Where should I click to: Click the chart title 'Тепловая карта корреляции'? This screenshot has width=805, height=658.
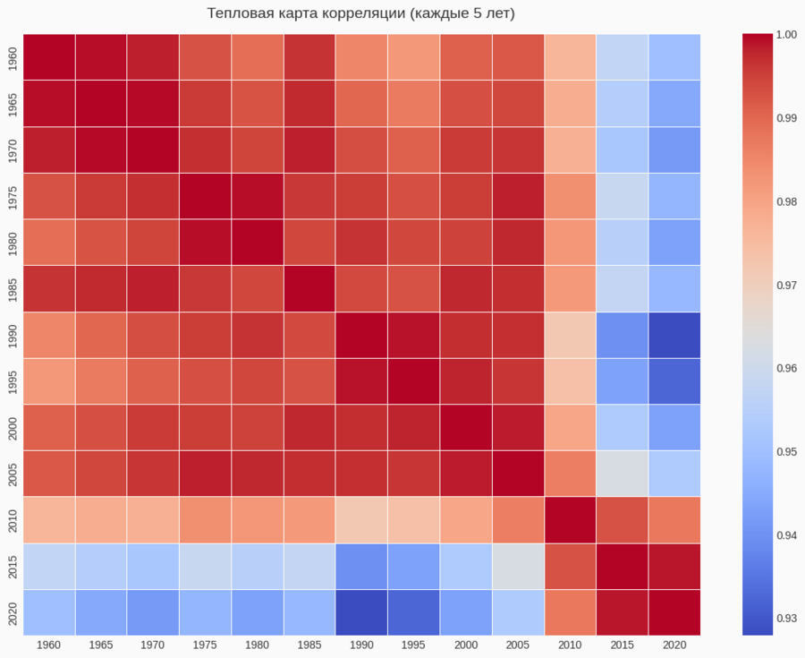361,13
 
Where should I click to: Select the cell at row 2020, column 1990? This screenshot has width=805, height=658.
361,612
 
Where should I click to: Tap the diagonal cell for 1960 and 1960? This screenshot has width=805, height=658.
48,56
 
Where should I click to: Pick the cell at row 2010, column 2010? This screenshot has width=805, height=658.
570,520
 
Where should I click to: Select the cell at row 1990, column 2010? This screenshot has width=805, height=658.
570,335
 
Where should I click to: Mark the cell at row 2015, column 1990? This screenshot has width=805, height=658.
361,566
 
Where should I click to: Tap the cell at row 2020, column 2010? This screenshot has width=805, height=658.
570,612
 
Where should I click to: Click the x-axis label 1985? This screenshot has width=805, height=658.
309,645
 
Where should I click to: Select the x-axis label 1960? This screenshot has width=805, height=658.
48,645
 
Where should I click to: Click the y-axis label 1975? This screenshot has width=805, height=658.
12,196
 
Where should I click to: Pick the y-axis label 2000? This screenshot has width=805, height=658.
12,427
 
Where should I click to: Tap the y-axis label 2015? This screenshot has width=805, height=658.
12,566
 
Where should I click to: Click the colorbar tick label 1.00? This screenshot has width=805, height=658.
786,34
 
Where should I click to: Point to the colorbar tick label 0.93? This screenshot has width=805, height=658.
786,619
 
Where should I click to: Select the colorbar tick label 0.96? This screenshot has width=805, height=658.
786,368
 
